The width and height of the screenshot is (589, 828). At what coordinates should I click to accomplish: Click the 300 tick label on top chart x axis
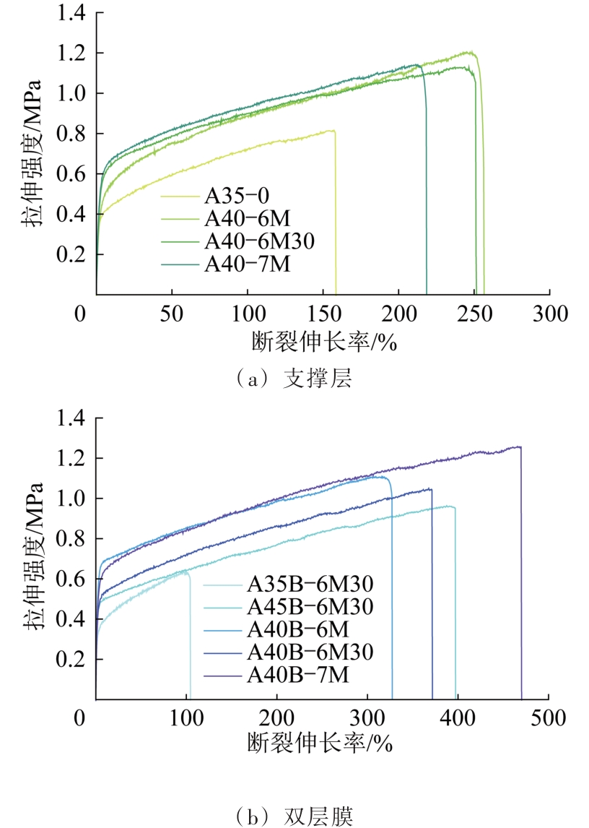click(x=550, y=315)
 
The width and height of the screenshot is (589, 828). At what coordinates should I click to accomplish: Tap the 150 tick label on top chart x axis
click(x=323, y=315)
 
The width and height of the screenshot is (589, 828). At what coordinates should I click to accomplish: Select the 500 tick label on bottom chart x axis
click(x=549, y=719)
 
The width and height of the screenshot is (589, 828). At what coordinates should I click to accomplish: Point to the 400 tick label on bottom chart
click(x=458, y=719)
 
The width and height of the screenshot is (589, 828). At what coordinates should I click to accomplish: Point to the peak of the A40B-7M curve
click(x=518, y=447)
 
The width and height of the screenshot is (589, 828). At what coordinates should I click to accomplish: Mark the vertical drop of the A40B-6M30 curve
click(x=432, y=600)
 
